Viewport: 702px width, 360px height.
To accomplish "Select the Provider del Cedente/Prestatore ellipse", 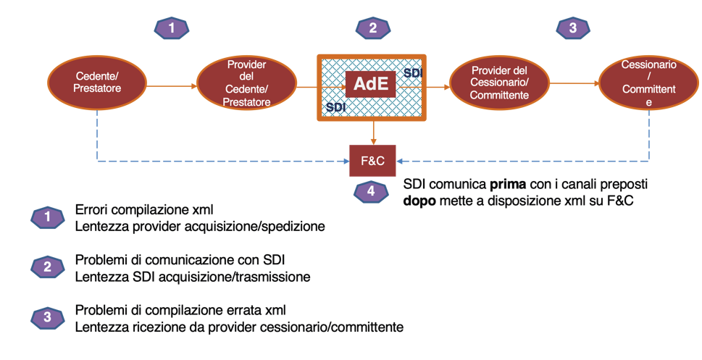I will pos(247,85).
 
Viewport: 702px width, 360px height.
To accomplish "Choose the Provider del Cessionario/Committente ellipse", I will pos(499,85).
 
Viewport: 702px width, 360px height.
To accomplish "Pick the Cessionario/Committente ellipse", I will pos(648,84).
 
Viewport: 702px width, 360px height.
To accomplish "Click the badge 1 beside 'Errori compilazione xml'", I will pos(49,217).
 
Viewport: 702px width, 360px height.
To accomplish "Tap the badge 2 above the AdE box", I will pos(373,28).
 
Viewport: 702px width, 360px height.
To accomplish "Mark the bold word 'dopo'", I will pos(419,200).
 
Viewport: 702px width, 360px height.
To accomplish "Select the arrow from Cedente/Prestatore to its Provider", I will pos(171,85).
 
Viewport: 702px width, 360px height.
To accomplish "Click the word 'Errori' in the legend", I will pos(91,210).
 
